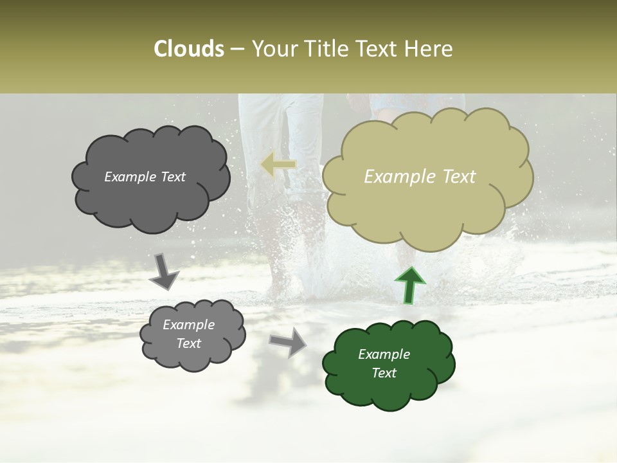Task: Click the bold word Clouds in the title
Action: pos(189,49)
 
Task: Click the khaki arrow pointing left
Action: pos(278,165)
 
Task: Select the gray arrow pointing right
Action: pos(289,342)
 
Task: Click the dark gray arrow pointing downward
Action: pos(165,272)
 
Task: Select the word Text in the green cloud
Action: pos(384,373)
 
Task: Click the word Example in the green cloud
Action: pos(384,354)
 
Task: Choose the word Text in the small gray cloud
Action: pos(189,343)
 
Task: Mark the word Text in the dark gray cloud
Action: pos(172,177)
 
